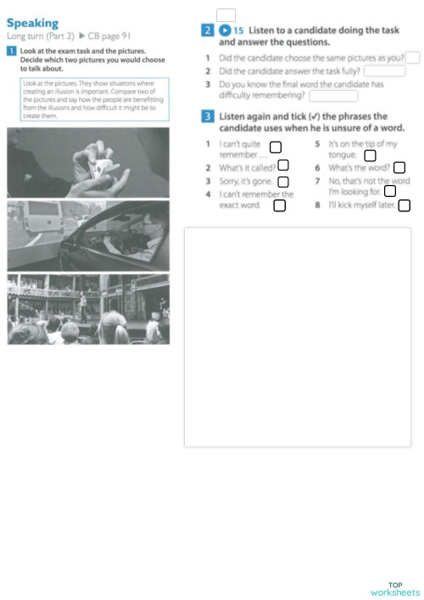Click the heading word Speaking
[x=33, y=23]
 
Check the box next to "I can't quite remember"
[x=275, y=149]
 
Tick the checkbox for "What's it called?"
[x=283, y=165]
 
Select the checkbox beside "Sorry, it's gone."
[x=283, y=181]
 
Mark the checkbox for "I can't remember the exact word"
[x=279, y=205]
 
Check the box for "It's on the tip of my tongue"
[x=370, y=155]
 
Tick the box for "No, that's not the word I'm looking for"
[x=389, y=191]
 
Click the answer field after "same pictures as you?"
[x=412, y=57]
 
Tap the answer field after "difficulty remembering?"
[x=332, y=95]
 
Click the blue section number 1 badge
[x=10, y=51]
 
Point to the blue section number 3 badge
[x=207, y=115]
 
